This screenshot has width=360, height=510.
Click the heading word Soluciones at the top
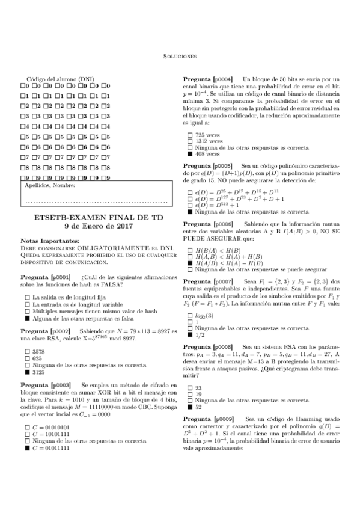[180, 57]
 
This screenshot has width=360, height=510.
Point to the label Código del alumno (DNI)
[61, 79]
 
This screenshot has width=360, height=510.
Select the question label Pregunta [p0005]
[207, 165]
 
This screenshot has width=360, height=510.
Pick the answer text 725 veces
[208, 134]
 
